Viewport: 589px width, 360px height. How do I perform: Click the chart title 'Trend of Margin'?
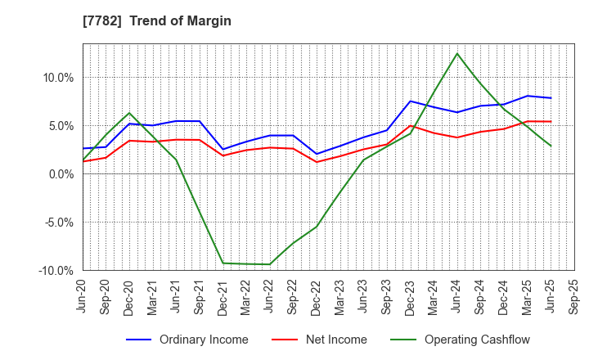pos(185,20)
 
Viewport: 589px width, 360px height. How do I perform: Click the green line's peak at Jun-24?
pos(457,54)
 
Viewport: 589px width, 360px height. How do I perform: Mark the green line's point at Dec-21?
pos(223,263)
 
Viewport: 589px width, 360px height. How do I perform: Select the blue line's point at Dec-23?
pos(411,101)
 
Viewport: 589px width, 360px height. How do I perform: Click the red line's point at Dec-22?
pos(317,162)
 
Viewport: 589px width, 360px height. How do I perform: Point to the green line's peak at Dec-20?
pos(129,113)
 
